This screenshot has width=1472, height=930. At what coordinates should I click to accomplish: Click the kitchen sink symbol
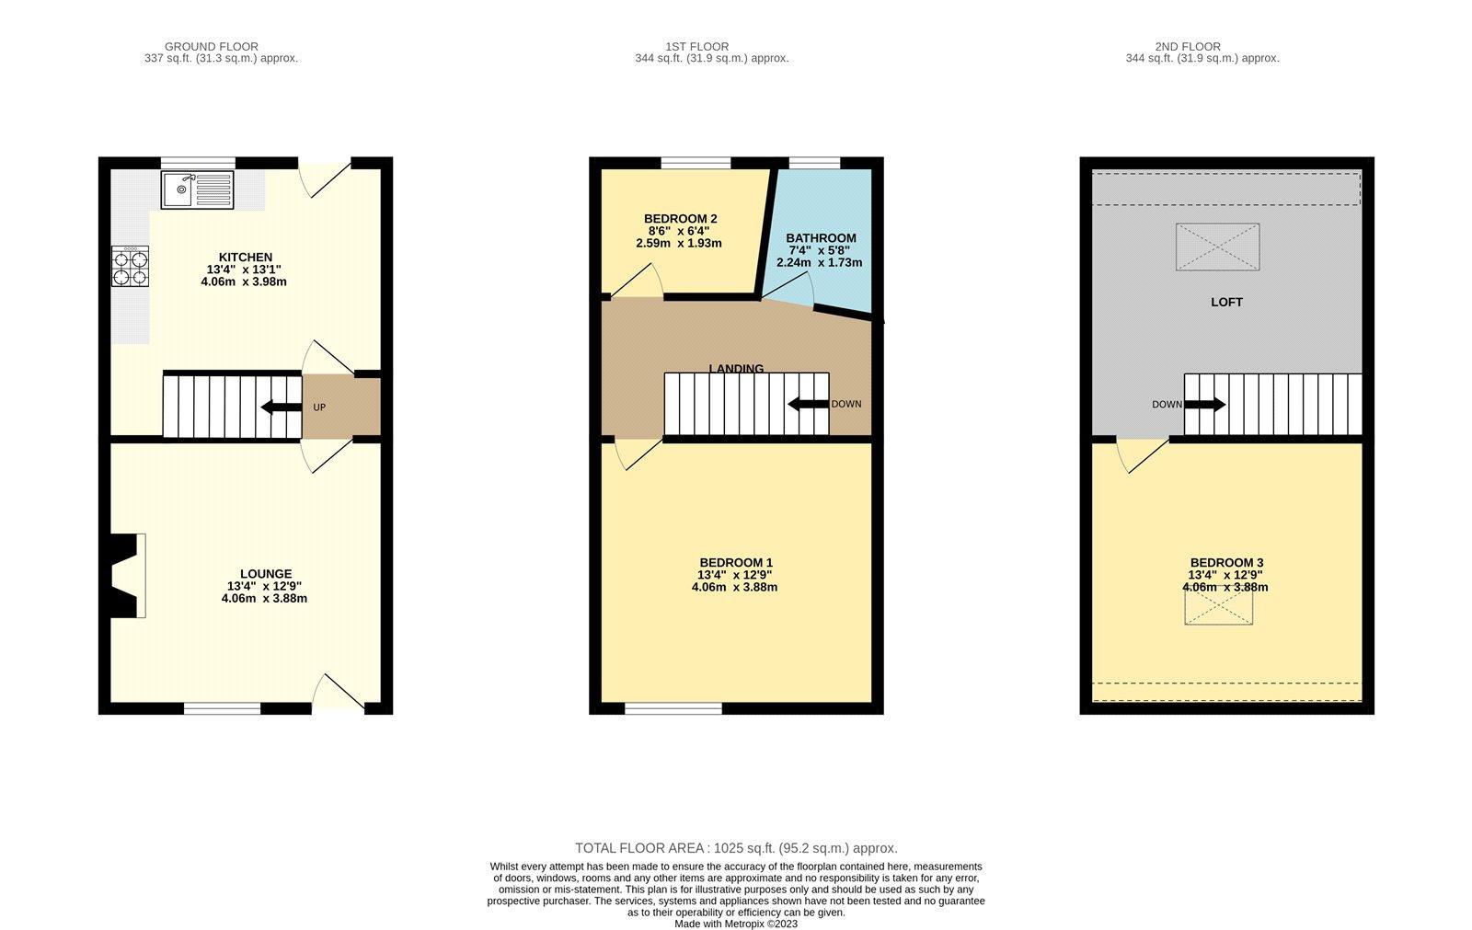coord(198,189)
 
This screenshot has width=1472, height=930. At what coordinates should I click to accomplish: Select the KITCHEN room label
coord(245,257)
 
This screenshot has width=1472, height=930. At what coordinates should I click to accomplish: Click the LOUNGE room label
coord(266,574)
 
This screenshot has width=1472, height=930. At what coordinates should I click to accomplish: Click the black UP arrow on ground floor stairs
coord(280,407)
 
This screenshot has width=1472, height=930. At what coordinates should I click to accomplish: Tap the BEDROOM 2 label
coord(680,219)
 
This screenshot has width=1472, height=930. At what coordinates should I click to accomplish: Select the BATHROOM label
coord(821,237)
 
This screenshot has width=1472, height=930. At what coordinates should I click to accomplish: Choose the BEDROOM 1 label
coord(736,562)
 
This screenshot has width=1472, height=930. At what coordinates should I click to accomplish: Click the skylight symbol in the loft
coord(1217,247)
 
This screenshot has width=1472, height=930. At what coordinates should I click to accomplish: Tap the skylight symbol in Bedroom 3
coord(1218,607)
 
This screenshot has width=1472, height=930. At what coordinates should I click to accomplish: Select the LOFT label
coord(1226,302)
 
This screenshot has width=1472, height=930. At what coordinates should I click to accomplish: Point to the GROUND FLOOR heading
coord(211,46)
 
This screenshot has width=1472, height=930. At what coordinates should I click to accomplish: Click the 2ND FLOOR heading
coord(1188,46)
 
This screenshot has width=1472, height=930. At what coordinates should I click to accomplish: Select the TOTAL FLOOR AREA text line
coord(736,848)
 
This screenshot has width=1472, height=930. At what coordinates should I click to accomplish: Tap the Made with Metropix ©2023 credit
coord(736,924)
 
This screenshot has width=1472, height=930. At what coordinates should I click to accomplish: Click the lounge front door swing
coord(339,692)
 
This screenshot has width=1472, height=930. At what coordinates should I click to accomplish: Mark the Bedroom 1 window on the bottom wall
coord(673,707)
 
